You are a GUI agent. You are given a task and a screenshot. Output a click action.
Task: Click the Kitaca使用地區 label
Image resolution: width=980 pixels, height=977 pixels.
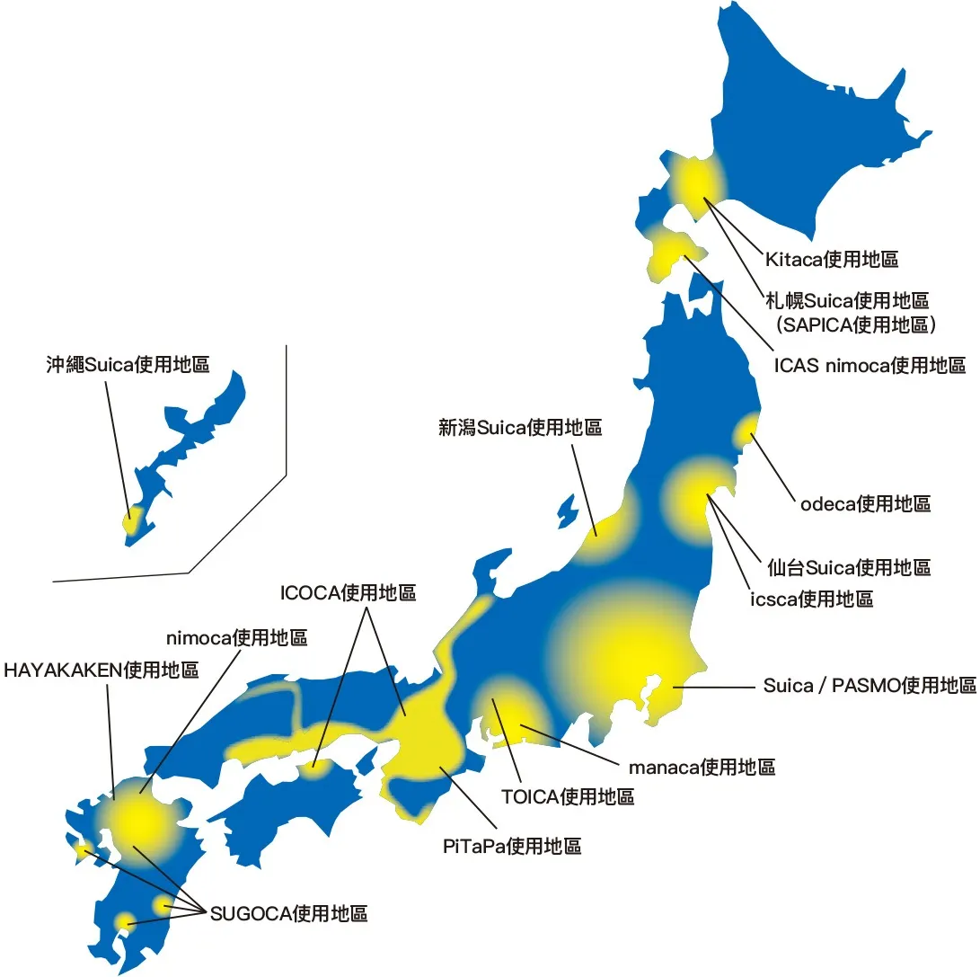coord(832,260)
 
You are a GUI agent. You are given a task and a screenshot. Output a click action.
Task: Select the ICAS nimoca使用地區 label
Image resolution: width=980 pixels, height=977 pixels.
coord(870,366)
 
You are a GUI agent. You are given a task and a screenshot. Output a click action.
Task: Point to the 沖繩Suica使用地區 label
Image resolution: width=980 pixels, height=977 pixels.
coord(128,365)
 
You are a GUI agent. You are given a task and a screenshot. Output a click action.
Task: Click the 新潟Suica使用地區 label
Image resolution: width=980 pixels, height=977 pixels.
coord(520,428)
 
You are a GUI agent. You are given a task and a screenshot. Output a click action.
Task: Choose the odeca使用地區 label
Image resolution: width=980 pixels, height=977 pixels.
coord(865,503)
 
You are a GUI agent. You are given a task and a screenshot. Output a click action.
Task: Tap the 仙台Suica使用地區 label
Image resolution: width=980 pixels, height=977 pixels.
coord(849,567)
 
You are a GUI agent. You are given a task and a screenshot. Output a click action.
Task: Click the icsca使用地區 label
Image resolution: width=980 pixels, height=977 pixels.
coord(811,598)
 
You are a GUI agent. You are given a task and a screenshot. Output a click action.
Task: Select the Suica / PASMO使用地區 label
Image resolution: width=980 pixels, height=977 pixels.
coord(870,686)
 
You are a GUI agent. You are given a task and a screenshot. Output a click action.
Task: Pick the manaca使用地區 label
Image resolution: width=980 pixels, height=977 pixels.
coord(702,767)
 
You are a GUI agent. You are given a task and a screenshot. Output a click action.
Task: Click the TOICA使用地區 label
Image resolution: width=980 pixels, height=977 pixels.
coord(568,795)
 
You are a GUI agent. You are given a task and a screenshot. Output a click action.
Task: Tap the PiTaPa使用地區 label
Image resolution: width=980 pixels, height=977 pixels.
coord(512,846)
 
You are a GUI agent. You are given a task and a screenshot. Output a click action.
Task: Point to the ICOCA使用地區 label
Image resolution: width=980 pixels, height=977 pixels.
coord(349,593)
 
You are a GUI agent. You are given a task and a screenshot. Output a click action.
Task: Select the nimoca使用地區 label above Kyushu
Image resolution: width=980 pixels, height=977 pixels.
coord(237,638)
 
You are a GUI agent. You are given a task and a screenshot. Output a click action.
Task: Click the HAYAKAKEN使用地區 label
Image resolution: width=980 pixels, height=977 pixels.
coord(101,670)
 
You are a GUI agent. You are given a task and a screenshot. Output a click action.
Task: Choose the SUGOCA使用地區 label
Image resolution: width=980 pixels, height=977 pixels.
coord(288,914)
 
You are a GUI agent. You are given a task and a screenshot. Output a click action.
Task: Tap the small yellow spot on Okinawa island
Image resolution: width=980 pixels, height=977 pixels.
coord(132,520)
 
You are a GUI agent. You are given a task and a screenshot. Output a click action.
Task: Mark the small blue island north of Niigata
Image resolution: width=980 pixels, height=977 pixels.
coord(568,511)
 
